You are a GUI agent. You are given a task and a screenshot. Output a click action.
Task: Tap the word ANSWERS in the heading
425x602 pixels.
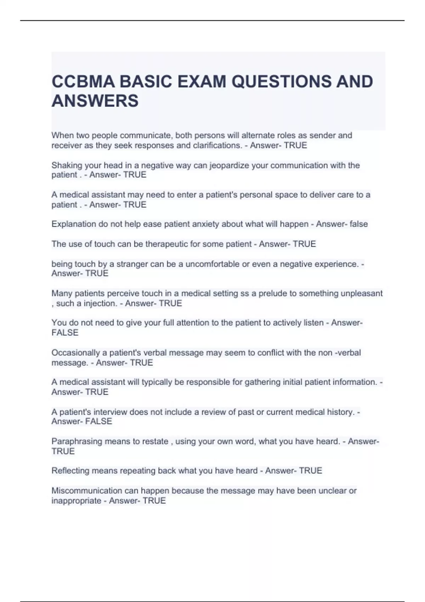[x=95, y=101]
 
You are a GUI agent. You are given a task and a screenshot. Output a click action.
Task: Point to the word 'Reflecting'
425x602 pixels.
[x=70, y=471]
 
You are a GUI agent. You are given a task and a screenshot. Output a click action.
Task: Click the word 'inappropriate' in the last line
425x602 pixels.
[x=76, y=501]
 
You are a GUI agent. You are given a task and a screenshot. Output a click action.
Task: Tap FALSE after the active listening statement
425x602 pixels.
[x=65, y=333]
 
